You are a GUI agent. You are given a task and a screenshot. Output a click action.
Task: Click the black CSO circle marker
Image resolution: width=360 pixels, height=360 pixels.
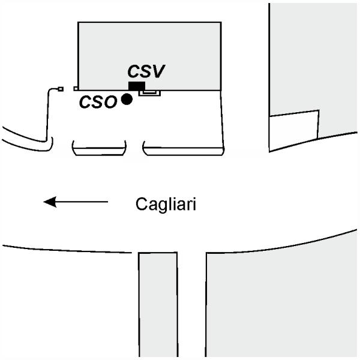pos(127,100)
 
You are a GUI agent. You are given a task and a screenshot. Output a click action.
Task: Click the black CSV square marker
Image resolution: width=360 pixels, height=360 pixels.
pos(136,86)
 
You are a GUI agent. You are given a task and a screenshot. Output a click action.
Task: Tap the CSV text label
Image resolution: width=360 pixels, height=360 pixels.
pos(146,71)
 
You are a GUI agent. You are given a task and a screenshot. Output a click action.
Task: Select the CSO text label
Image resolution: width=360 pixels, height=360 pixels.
pos(98,102)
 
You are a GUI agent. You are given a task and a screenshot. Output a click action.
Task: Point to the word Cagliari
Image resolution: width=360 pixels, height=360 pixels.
pos(166,205)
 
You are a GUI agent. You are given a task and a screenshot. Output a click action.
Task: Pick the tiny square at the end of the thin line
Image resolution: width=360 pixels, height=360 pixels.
pos(60,89)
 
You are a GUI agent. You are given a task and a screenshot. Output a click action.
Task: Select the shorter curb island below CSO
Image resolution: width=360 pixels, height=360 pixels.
pos(99,148)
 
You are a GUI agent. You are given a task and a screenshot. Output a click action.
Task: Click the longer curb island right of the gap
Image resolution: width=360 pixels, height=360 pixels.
pos(183,148)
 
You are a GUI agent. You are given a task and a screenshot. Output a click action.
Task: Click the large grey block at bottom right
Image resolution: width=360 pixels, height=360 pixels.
pos(282,300)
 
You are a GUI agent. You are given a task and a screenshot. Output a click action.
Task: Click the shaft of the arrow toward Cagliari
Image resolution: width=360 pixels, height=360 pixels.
pos(84,202)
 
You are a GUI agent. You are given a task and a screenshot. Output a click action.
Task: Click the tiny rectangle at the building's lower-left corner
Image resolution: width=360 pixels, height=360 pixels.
pos(76,88)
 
